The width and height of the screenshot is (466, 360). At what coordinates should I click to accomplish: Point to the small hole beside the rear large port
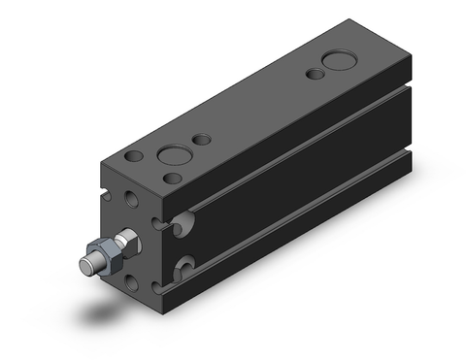tap(314, 74)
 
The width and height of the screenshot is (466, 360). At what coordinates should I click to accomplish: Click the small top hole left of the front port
tap(135, 156)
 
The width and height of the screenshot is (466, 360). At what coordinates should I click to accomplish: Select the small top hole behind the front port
tap(201, 141)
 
